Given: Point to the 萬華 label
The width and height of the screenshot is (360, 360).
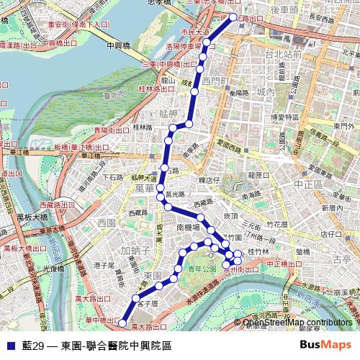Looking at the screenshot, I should point(145,188).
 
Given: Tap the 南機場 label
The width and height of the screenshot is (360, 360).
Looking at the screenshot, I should point(188,226).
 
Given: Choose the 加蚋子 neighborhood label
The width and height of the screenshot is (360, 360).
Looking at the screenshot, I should point(135,251).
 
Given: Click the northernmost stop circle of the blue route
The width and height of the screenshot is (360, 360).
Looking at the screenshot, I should point(233,17).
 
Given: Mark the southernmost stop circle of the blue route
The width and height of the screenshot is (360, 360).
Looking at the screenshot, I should point(122,323).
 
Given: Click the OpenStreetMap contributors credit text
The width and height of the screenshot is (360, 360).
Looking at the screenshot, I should point(298,322).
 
